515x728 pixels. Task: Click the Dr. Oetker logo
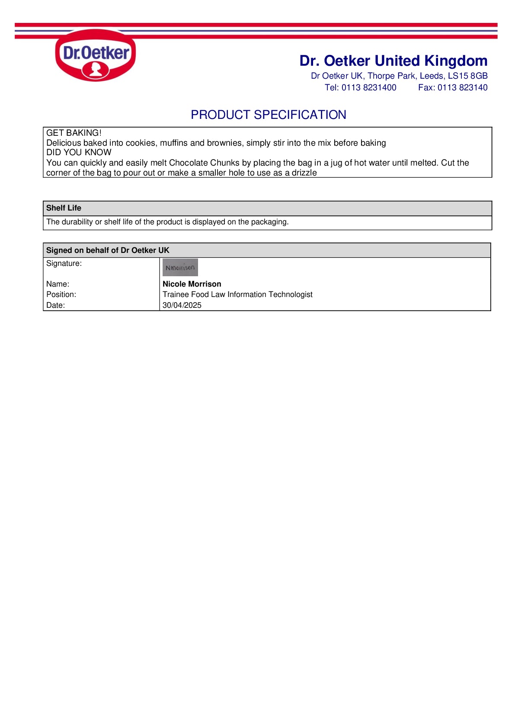(96, 55)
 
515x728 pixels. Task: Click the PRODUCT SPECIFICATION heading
(268, 115)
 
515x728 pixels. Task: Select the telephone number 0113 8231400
(368, 87)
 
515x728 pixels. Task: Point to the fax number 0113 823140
(462, 87)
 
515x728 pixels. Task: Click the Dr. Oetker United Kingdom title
(393, 61)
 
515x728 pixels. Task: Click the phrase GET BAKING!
(74, 133)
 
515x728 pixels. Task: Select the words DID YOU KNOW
(79, 152)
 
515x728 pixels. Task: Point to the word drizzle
(304, 172)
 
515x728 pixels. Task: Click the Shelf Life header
(64, 208)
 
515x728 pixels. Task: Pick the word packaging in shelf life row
(269, 222)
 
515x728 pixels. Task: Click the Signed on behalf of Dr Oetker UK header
(108, 250)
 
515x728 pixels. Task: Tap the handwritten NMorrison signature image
(180, 268)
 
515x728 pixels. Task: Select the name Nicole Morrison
(192, 284)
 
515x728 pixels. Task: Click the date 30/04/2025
(182, 305)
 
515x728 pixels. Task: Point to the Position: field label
(61, 294)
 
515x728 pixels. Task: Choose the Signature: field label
(64, 263)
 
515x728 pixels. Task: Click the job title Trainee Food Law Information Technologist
(237, 294)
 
